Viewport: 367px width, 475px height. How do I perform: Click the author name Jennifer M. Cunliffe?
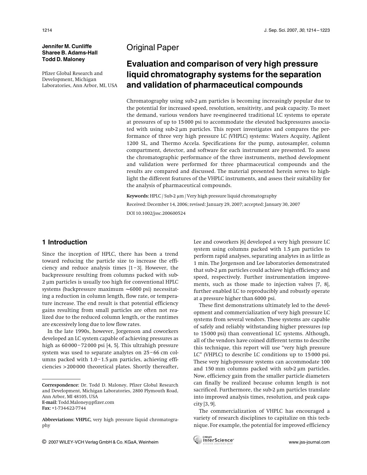(x=67, y=46)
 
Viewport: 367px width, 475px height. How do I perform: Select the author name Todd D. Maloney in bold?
(x=63, y=59)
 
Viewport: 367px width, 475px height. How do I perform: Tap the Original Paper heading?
(x=153, y=48)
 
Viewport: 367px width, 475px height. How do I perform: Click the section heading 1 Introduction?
(x=64, y=242)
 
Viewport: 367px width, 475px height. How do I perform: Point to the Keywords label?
(x=137, y=196)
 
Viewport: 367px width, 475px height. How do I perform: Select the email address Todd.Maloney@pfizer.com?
(x=86, y=402)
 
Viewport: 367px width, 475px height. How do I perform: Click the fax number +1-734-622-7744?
(x=69, y=408)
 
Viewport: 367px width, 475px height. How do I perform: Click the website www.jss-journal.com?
(x=309, y=442)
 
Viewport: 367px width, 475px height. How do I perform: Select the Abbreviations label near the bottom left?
(x=58, y=420)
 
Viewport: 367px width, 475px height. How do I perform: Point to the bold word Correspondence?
(x=60, y=385)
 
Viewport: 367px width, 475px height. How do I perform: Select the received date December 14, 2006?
(x=167, y=204)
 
